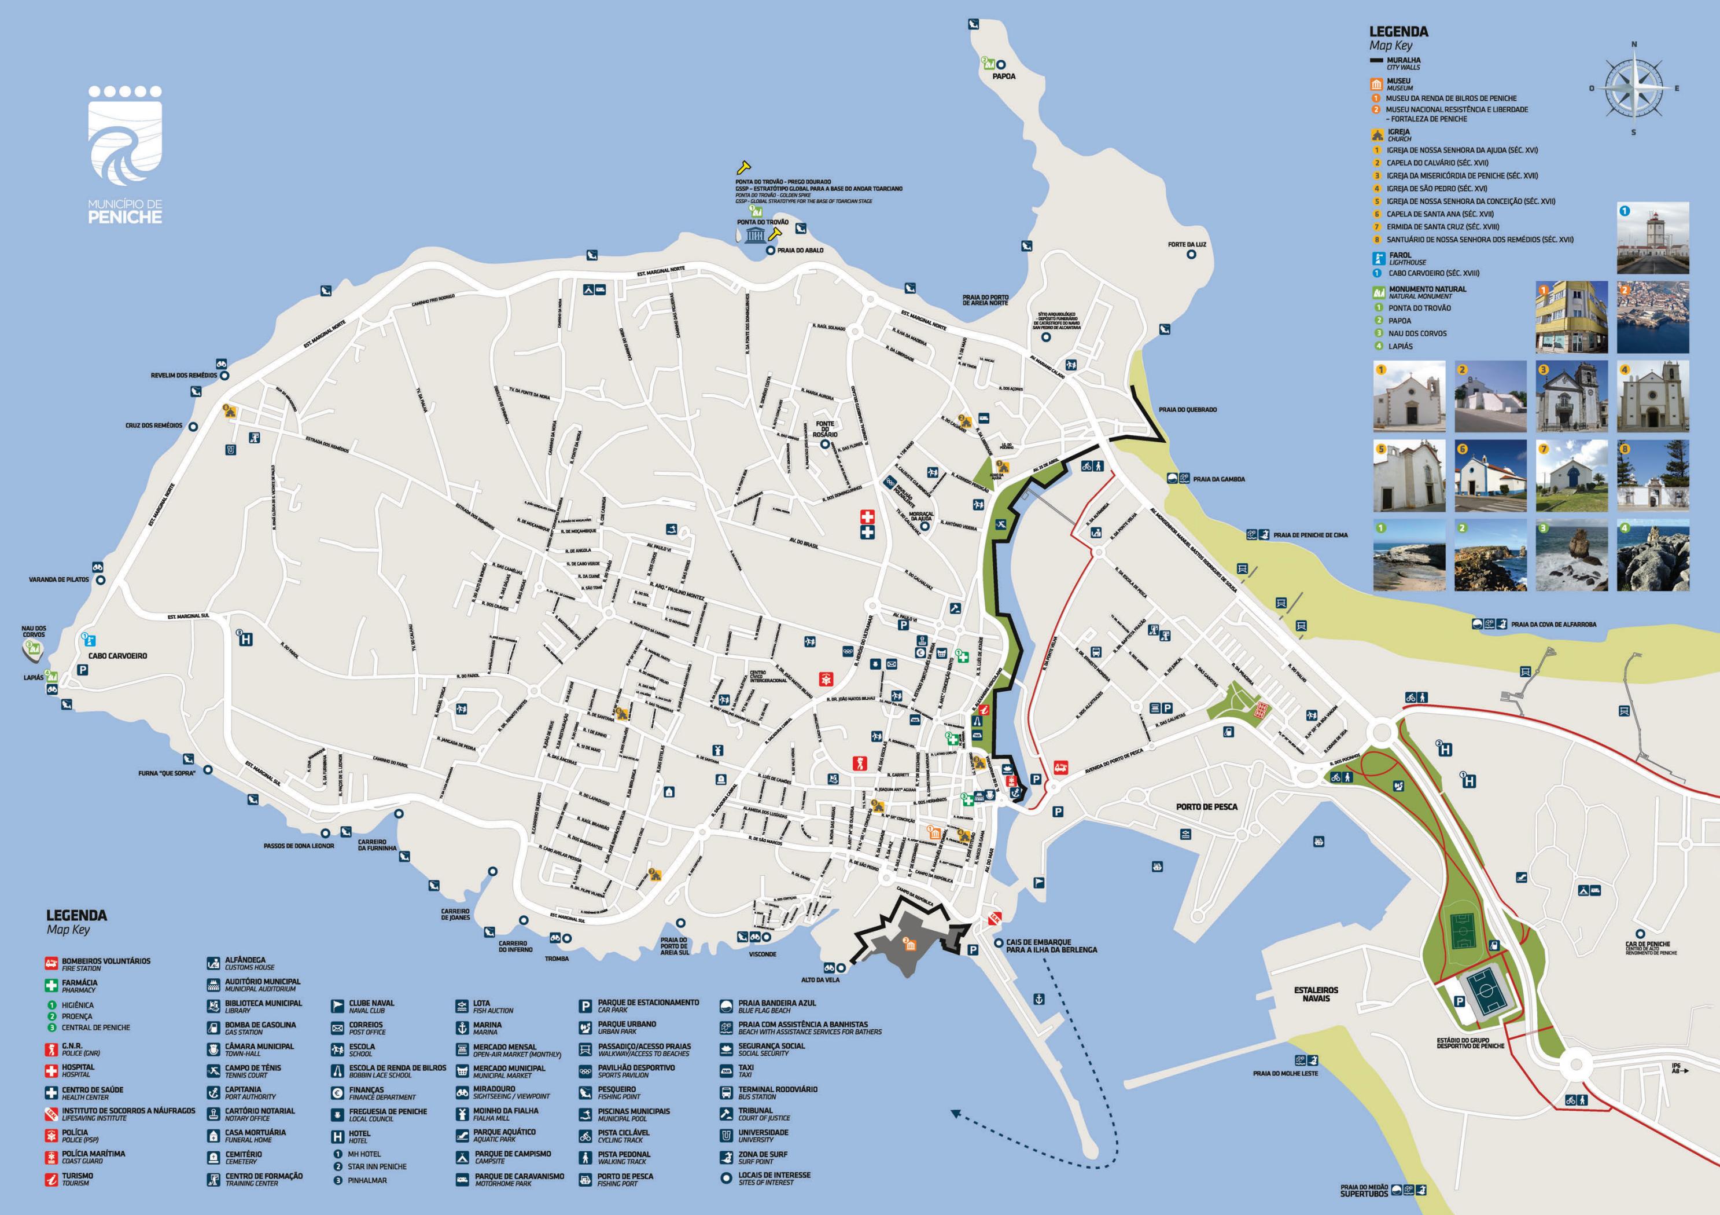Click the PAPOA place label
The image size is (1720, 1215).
tap(1003, 76)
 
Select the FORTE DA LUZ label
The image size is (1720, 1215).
tap(1187, 244)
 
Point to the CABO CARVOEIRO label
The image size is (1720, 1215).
tap(117, 656)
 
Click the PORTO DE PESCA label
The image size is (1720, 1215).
tap(1206, 806)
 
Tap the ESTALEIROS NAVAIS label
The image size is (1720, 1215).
tap(1316, 994)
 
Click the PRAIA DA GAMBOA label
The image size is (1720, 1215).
tap(1219, 479)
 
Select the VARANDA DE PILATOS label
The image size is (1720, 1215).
tap(58, 579)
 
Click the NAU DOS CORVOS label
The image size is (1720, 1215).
tap(34, 631)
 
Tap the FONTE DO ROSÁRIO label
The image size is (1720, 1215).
tap(826, 429)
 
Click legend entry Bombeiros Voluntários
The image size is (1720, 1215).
tap(105, 964)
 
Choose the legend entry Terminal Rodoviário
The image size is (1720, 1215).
tap(777, 1092)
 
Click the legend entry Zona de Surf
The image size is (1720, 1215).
tap(762, 1157)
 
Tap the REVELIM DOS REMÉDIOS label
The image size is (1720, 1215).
tap(183, 375)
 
